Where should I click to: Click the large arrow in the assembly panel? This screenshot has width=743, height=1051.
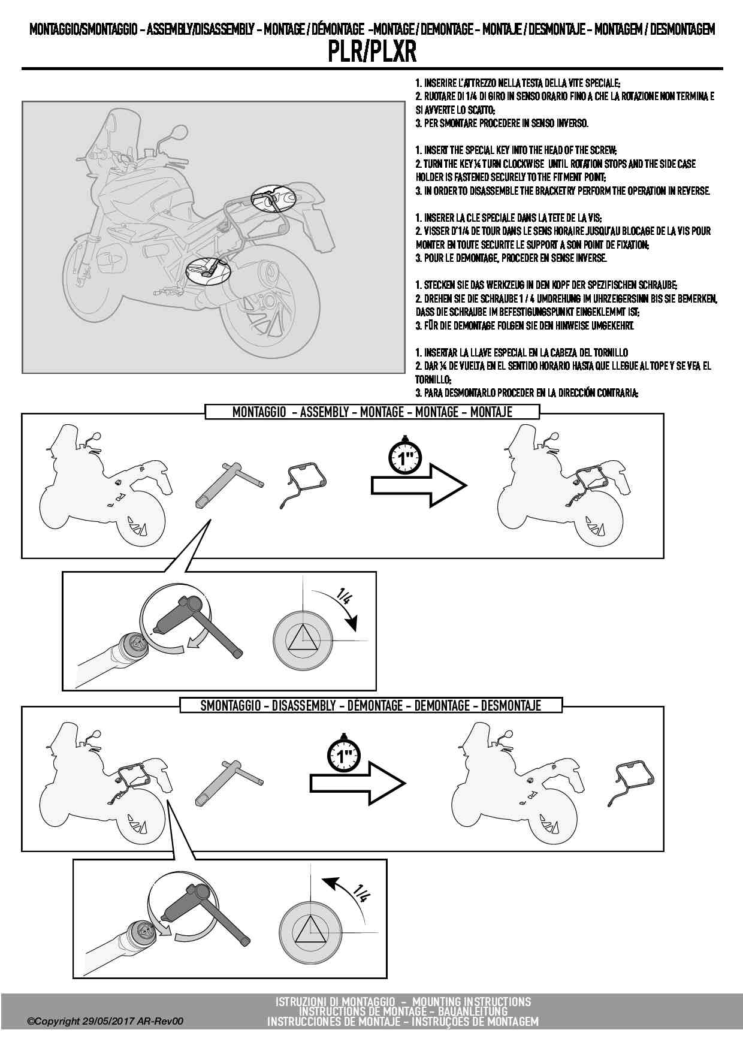click(x=418, y=486)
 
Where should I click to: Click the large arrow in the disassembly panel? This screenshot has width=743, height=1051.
click(x=358, y=783)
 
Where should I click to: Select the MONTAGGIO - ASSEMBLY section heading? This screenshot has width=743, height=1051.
click(x=372, y=412)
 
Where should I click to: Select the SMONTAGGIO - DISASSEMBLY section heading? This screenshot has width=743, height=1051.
click(x=370, y=705)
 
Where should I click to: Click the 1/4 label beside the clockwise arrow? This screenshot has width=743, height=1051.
click(x=345, y=597)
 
